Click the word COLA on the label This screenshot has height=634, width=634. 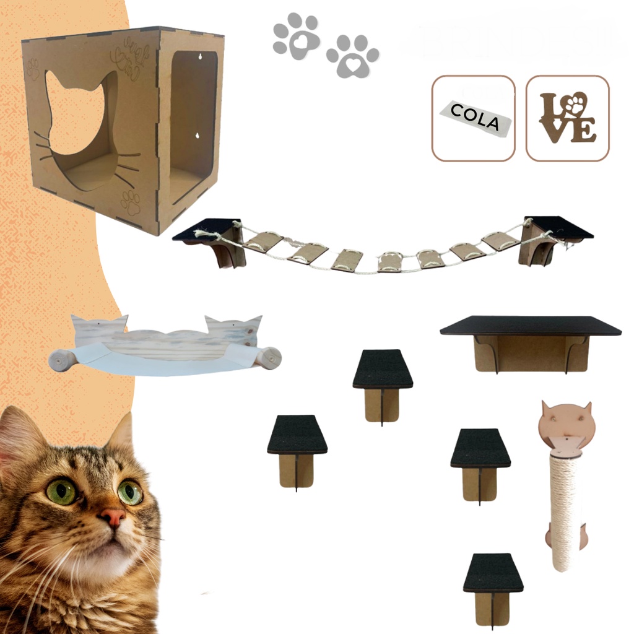[x=475, y=117]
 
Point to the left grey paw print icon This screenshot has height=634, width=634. [x=297, y=37]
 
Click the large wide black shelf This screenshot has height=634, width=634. [x=531, y=326]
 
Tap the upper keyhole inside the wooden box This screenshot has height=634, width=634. [x=200, y=56]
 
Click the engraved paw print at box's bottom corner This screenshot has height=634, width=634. [x=130, y=202]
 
